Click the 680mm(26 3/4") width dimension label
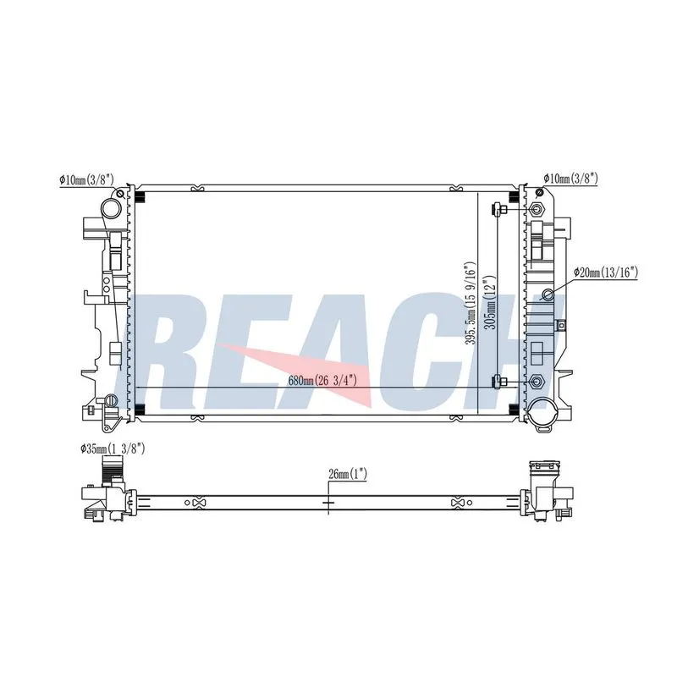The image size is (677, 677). [322, 380]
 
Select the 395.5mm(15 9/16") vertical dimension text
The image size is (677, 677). [471, 303]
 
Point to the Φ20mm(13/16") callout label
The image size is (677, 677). [605, 272]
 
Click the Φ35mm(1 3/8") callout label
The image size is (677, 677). [113, 449]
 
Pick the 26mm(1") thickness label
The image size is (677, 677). [348, 475]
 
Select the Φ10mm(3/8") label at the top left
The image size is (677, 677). [86, 179]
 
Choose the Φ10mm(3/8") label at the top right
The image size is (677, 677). [570, 178]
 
